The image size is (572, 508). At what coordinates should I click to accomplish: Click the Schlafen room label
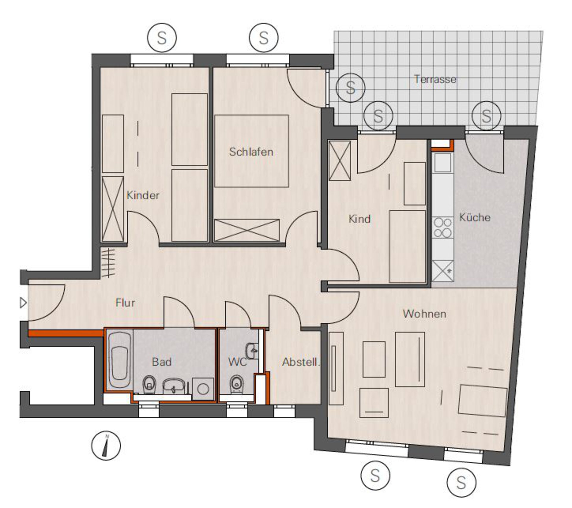click(x=251, y=152)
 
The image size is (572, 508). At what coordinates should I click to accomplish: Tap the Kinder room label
click(x=143, y=195)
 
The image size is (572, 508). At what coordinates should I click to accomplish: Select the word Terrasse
click(x=435, y=79)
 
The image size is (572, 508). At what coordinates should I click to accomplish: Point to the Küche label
click(x=475, y=217)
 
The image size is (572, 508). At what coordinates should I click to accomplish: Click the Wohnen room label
click(x=425, y=314)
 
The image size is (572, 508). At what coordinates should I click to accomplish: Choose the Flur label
click(x=125, y=303)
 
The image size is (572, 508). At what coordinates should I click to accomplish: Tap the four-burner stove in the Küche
click(x=443, y=228)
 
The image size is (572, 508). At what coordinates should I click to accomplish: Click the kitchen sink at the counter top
click(x=443, y=163)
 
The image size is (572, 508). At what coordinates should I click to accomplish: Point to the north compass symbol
click(x=106, y=446)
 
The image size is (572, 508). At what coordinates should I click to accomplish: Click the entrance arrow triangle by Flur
click(x=23, y=303)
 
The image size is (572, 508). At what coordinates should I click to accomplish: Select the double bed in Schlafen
click(x=251, y=151)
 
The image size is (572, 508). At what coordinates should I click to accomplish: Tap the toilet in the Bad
click(x=149, y=385)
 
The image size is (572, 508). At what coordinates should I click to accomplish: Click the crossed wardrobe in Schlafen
click(x=247, y=230)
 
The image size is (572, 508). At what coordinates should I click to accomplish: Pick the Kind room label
click(x=360, y=219)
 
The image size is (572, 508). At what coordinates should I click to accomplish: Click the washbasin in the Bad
click(x=174, y=386)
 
